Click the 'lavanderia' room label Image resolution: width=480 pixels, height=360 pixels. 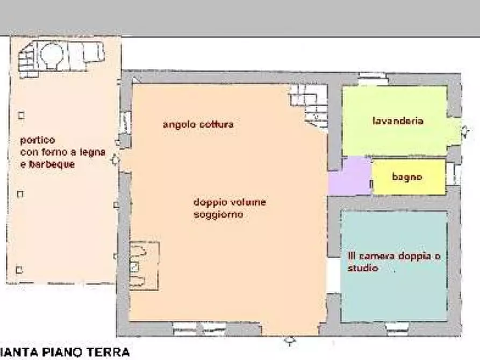click(398, 121)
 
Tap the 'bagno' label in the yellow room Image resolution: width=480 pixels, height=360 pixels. click(407, 177)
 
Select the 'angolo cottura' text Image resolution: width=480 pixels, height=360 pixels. click(198, 125)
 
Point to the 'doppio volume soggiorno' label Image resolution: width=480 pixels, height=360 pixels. click(230, 208)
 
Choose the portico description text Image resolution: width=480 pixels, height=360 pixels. click(62, 152)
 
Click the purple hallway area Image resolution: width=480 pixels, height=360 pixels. click(349, 176)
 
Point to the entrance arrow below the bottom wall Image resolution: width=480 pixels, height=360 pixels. click(290, 341)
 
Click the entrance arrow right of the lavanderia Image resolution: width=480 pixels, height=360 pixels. click(465, 131)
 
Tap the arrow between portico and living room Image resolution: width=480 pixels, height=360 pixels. click(114, 160)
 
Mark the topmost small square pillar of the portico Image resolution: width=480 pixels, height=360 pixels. click(21, 115)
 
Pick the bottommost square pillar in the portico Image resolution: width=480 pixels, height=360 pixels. click(20, 270)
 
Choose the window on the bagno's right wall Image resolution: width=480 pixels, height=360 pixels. click(453, 174)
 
